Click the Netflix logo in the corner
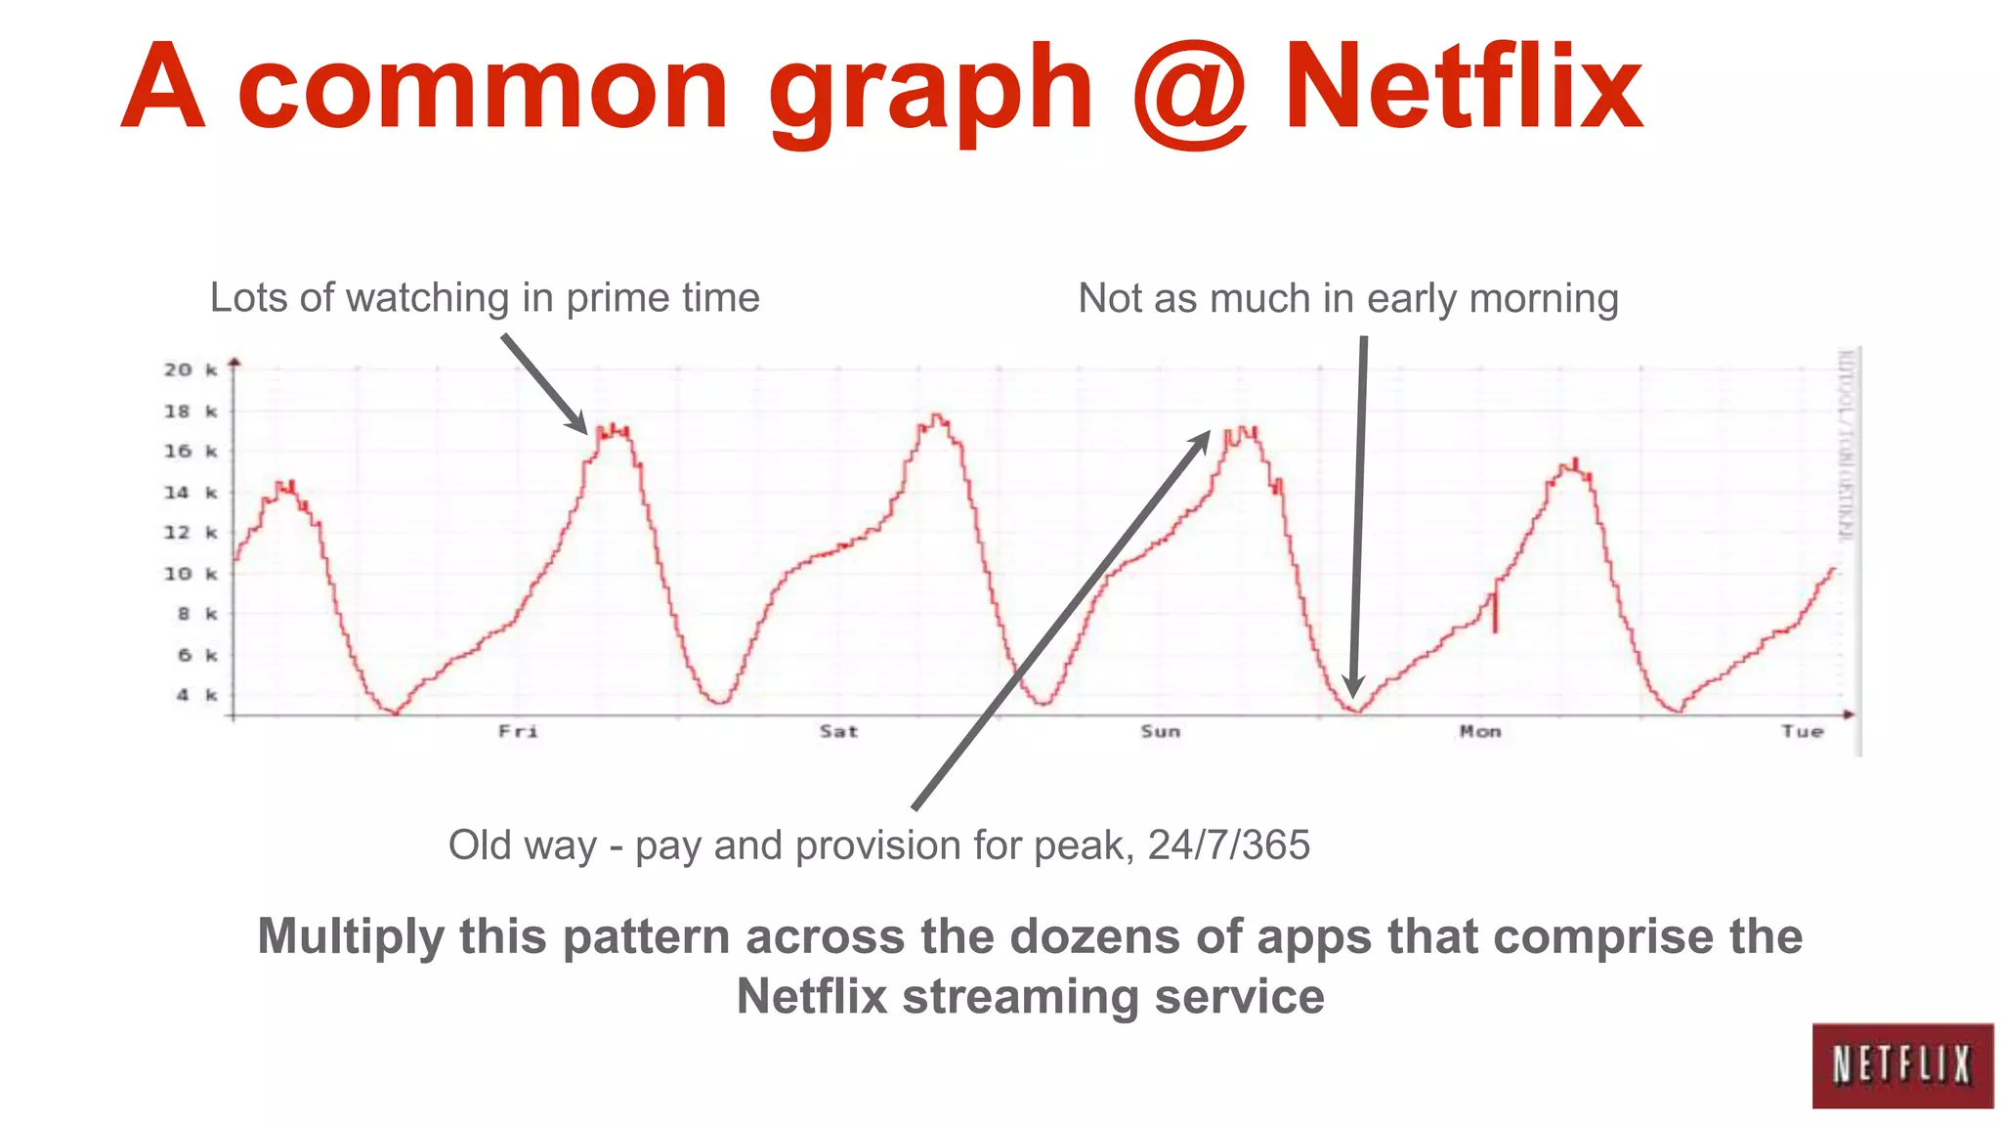point(1901,1064)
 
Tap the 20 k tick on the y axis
point(190,369)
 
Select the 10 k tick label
point(190,574)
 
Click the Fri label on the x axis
point(518,732)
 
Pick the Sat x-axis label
point(838,732)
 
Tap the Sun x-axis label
point(1160,732)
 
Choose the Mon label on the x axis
point(1480,732)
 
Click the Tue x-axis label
point(1802,732)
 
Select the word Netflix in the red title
point(1463,88)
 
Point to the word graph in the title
point(930,93)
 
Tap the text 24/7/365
point(1228,845)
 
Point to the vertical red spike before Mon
point(1495,613)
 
